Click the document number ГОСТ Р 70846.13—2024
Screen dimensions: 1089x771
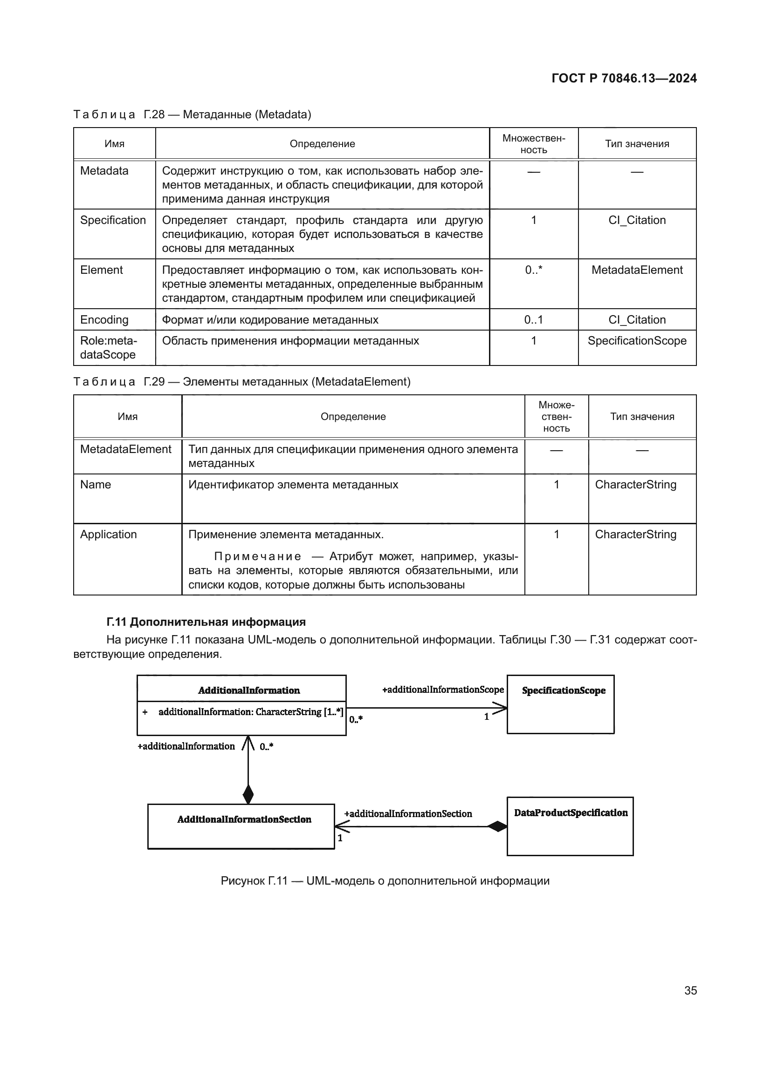(x=624, y=78)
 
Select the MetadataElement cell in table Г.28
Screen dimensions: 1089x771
(x=637, y=270)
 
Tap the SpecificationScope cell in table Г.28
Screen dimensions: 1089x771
(x=637, y=340)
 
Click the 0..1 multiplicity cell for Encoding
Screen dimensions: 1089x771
(x=533, y=320)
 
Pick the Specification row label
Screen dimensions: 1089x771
(x=113, y=220)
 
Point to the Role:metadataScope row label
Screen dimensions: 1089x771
(x=108, y=347)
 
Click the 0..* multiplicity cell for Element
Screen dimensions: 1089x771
(x=533, y=270)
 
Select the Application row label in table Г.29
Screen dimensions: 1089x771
(x=108, y=534)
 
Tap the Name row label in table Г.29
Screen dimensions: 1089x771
(x=96, y=484)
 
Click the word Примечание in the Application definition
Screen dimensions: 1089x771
(x=257, y=556)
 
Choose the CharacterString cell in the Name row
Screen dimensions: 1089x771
(x=635, y=484)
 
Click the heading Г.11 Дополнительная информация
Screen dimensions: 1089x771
(x=206, y=622)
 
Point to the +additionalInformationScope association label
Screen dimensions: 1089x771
(x=442, y=690)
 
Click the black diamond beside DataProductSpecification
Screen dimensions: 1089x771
(x=497, y=827)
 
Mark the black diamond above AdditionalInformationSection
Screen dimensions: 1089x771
(x=248, y=794)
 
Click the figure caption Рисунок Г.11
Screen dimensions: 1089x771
(x=385, y=881)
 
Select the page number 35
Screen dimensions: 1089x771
(x=690, y=990)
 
